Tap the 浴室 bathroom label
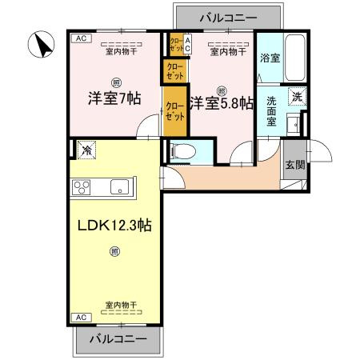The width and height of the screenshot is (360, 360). [270, 58]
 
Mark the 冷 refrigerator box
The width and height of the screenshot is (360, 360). [85, 149]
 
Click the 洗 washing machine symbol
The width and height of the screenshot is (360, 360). [296, 96]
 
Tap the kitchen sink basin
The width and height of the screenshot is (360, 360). [118, 188]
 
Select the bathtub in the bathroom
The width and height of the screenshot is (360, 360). [296, 58]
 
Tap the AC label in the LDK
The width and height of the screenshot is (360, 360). [80, 317]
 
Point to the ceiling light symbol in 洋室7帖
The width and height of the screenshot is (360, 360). [117, 81]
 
